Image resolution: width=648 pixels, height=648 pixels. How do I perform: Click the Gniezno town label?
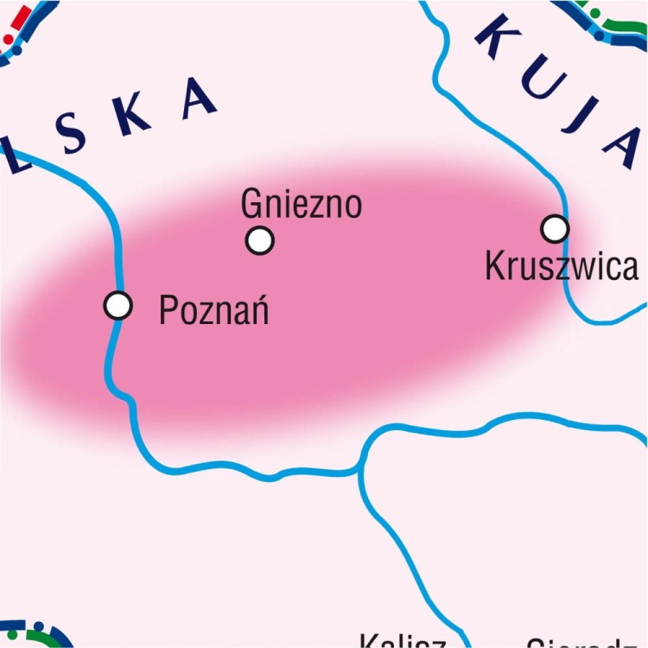pos(301,205)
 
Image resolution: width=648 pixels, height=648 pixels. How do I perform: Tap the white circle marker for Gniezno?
pos(259,240)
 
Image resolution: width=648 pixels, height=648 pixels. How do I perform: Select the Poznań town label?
pos(213,309)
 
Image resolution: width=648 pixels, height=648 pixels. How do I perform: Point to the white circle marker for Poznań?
pos(118,305)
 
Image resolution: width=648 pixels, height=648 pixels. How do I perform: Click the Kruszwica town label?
pos(562,267)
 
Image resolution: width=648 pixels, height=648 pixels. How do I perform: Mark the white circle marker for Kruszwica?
pos(555,229)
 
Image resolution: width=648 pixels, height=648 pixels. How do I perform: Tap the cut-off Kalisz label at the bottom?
pos(402,642)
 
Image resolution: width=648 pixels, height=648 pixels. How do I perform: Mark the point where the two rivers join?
pos(361,471)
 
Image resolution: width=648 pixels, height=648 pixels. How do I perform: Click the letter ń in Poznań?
pos(257,309)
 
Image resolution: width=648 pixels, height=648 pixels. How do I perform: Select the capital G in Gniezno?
pos(251,205)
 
